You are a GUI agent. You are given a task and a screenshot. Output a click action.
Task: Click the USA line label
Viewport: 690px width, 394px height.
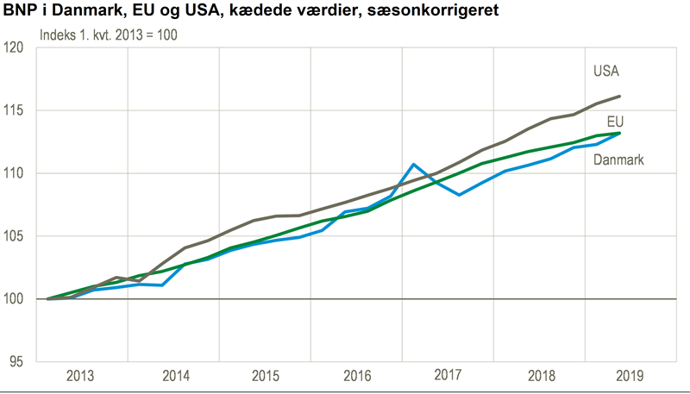click(x=606, y=71)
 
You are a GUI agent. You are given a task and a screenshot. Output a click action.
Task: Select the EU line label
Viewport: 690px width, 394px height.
click(x=615, y=121)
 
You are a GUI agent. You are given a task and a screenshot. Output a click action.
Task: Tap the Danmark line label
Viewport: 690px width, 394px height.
click(x=619, y=160)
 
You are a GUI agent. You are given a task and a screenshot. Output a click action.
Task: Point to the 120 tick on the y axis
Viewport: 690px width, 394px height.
click(x=14, y=48)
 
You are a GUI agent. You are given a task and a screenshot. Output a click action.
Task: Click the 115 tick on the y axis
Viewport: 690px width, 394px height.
click(x=14, y=111)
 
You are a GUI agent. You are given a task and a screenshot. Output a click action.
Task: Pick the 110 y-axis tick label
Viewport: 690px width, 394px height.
click(x=14, y=173)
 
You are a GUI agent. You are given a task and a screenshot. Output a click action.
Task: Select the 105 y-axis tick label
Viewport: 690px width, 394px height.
click(x=14, y=236)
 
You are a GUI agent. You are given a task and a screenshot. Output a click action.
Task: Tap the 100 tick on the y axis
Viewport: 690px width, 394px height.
click(x=14, y=299)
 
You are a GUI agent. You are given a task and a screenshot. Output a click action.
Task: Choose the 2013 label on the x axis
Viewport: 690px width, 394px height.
click(x=80, y=376)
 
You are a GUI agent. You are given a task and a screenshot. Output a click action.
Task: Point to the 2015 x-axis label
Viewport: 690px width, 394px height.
click(x=266, y=376)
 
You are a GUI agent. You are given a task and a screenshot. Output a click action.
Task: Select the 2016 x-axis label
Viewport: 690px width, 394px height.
click(x=357, y=376)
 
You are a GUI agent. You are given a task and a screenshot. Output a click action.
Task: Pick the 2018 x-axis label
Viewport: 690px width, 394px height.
click(x=540, y=376)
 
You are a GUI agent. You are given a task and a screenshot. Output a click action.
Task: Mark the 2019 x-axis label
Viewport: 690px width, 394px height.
click(x=631, y=376)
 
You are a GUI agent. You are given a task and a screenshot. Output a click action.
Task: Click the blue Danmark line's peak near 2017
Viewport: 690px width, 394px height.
click(x=414, y=164)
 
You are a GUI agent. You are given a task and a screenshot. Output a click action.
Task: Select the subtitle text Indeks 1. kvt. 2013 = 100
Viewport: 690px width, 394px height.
click(x=109, y=37)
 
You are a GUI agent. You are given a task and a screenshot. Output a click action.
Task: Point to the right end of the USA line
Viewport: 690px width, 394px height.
click(x=620, y=97)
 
